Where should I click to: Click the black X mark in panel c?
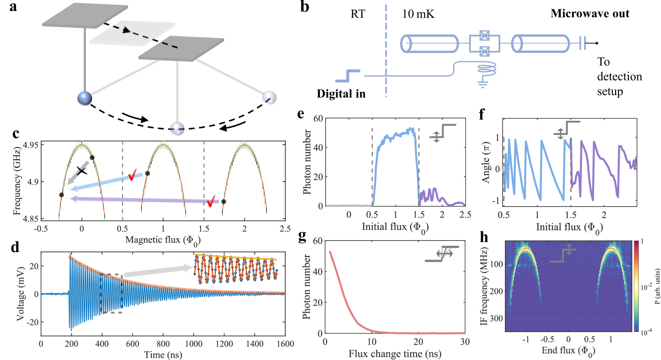pyautogui.click(x=82, y=171)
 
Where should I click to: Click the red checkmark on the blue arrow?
pyautogui.click(x=135, y=176)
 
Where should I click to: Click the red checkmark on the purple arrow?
pyautogui.click(x=211, y=202)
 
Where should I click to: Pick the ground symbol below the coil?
pyautogui.click(x=482, y=84)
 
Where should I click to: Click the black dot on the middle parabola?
pyautogui.click(x=148, y=173)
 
